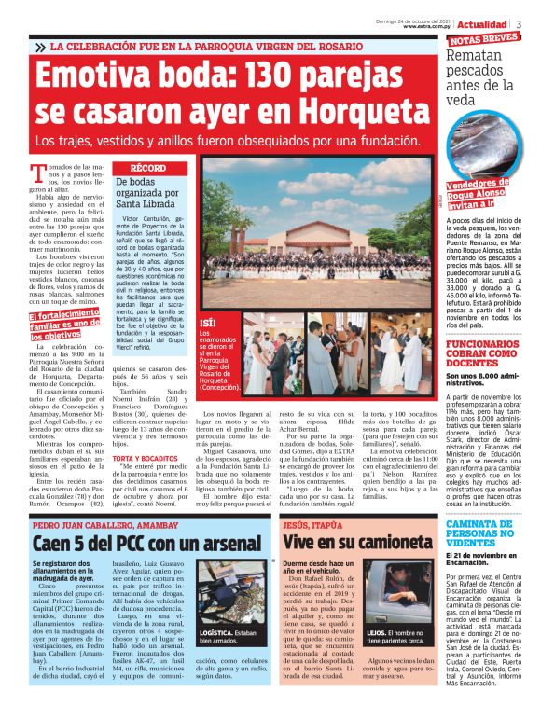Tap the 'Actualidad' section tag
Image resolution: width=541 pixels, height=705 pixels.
pyautogui.click(x=489, y=22)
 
